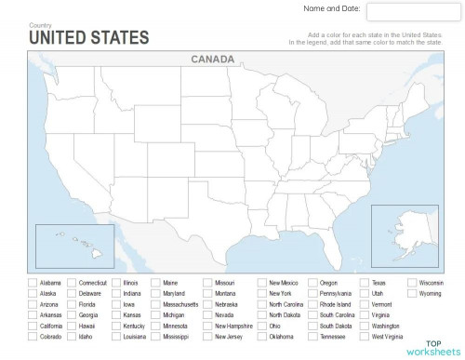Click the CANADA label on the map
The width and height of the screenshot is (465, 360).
212,59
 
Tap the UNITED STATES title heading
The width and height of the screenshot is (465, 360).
88,37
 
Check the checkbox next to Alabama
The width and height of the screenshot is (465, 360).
33,282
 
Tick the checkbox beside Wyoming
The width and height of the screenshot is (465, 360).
412,293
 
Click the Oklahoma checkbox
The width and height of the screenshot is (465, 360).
261,338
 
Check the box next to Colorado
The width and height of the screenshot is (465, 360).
33,338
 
